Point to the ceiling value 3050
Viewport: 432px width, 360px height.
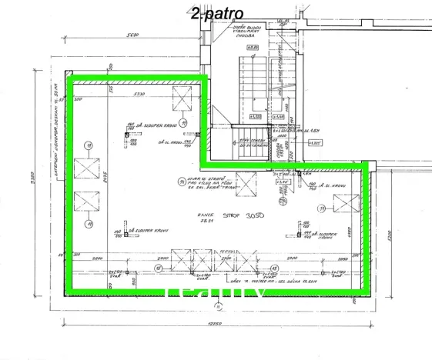pyautogui.click(x=256, y=217)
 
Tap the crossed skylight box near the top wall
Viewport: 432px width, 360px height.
pyautogui.click(x=183, y=98)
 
